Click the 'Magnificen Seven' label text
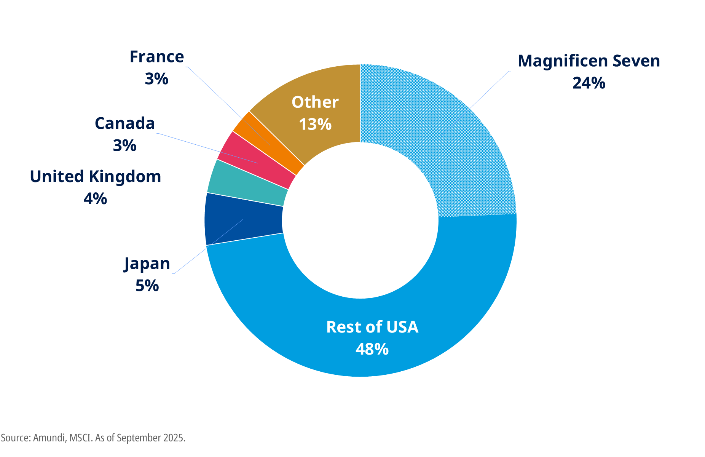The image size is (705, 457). pyautogui.click(x=589, y=61)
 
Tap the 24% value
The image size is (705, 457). pyautogui.click(x=589, y=83)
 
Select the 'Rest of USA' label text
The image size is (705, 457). pyautogui.click(x=372, y=327)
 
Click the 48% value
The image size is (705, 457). pyautogui.click(x=372, y=349)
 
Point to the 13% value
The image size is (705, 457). pyautogui.click(x=315, y=124)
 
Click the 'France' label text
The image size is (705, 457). pyautogui.click(x=157, y=57)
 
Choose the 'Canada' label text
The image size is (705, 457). pyautogui.click(x=125, y=123)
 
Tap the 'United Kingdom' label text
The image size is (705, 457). pyautogui.click(x=96, y=177)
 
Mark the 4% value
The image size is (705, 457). pyautogui.click(x=95, y=198)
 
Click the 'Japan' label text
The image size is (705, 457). pyautogui.click(x=147, y=264)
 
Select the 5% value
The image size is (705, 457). pyautogui.click(x=147, y=286)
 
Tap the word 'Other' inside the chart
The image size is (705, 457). pyautogui.click(x=315, y=102)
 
